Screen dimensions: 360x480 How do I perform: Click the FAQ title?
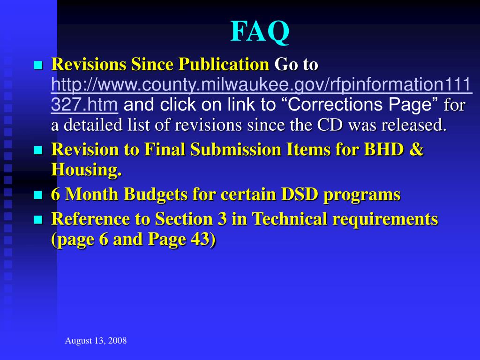[260, 32]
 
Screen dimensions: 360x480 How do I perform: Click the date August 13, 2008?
[96, 341]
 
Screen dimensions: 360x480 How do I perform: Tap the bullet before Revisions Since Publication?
[38, 65]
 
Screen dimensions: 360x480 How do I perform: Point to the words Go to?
[296, 65]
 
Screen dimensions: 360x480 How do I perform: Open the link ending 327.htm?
[84, 105]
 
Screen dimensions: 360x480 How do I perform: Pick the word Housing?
[86, 170]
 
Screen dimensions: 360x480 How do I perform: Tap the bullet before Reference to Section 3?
[38, 219]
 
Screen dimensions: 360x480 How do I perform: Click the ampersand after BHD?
[417, 150]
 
